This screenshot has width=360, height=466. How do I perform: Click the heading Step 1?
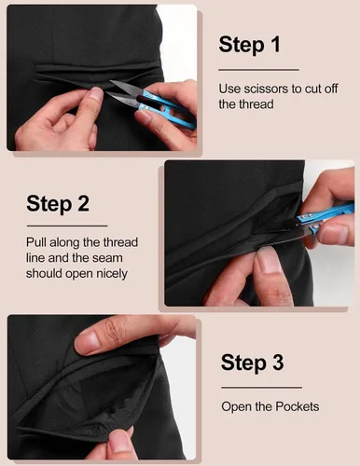pyautogui.click(x=250, y=45)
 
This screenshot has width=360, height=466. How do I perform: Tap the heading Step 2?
pyautogui.click(x=58, y=204)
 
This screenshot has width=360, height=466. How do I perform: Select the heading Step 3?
pyautogui.click(x=252, y=363)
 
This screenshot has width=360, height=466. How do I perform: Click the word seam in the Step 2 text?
pyautogui.click(x=110, y=258)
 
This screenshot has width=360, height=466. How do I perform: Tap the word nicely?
pyautogui.click(x=112, y=274)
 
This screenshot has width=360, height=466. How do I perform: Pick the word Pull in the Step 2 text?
pyautogui.click(x=36, y=242)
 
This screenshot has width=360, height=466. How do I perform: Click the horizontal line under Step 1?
pyautogui.click(x=258, y=70)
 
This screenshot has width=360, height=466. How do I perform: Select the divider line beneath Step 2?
pyautogui.click(x=67, y=226)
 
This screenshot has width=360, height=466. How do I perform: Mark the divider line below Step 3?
pyautogui.click(x=261, y=388)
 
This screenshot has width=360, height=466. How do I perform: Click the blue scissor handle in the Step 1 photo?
pyautogui.click(x=166, y=107)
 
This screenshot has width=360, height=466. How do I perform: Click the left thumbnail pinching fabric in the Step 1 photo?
pyautogui.click(x=95, y=94)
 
